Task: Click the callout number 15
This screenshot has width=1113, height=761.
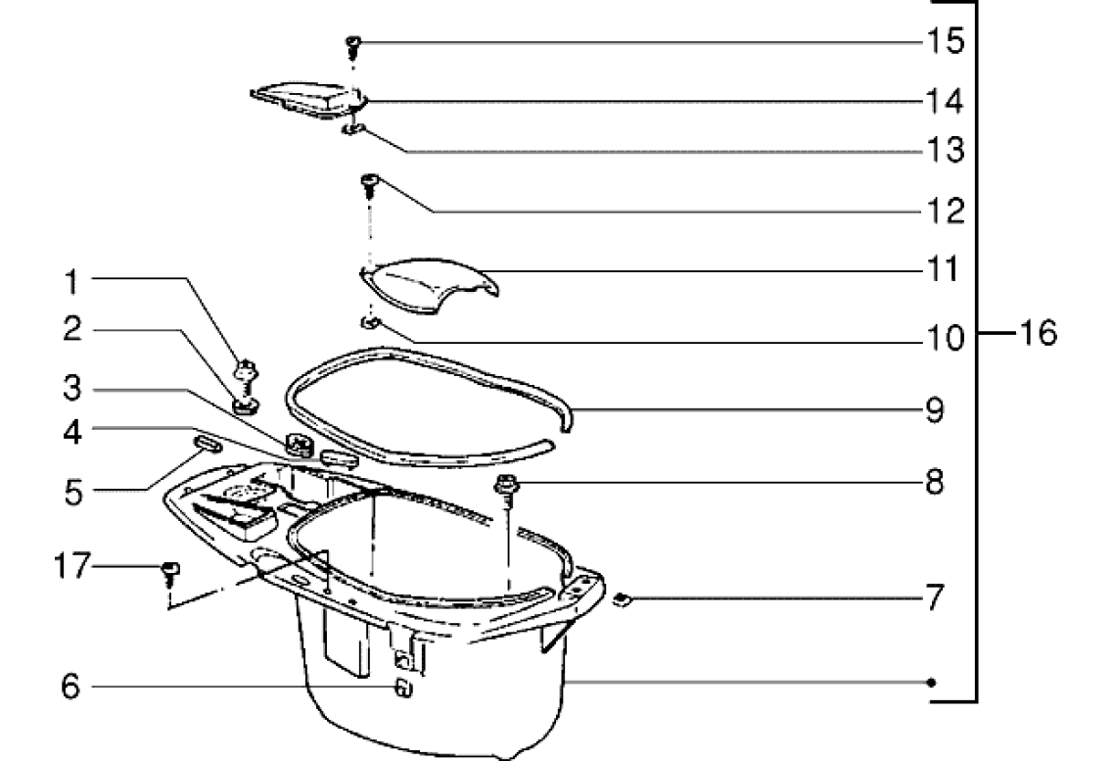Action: point(947,41)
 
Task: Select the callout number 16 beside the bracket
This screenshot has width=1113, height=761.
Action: point(1038,332)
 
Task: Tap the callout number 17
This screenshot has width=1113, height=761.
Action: point(71,566)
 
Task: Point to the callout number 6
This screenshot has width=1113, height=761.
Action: point(70,687)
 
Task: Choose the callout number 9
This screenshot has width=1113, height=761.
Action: point(935,409)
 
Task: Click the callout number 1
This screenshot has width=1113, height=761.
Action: point(71,282)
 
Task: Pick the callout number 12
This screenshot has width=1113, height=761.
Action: point(947,211)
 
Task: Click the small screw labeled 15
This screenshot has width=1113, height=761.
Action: point(353,47)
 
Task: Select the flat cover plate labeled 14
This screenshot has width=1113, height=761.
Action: point(308,98)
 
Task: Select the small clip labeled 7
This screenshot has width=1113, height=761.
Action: point(622,600)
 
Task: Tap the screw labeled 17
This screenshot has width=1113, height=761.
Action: point(170,573)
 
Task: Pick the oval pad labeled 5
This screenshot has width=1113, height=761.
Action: point(207,445)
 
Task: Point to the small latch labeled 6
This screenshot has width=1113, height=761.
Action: point(402,688)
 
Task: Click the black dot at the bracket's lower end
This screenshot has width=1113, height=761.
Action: point(931,683)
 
